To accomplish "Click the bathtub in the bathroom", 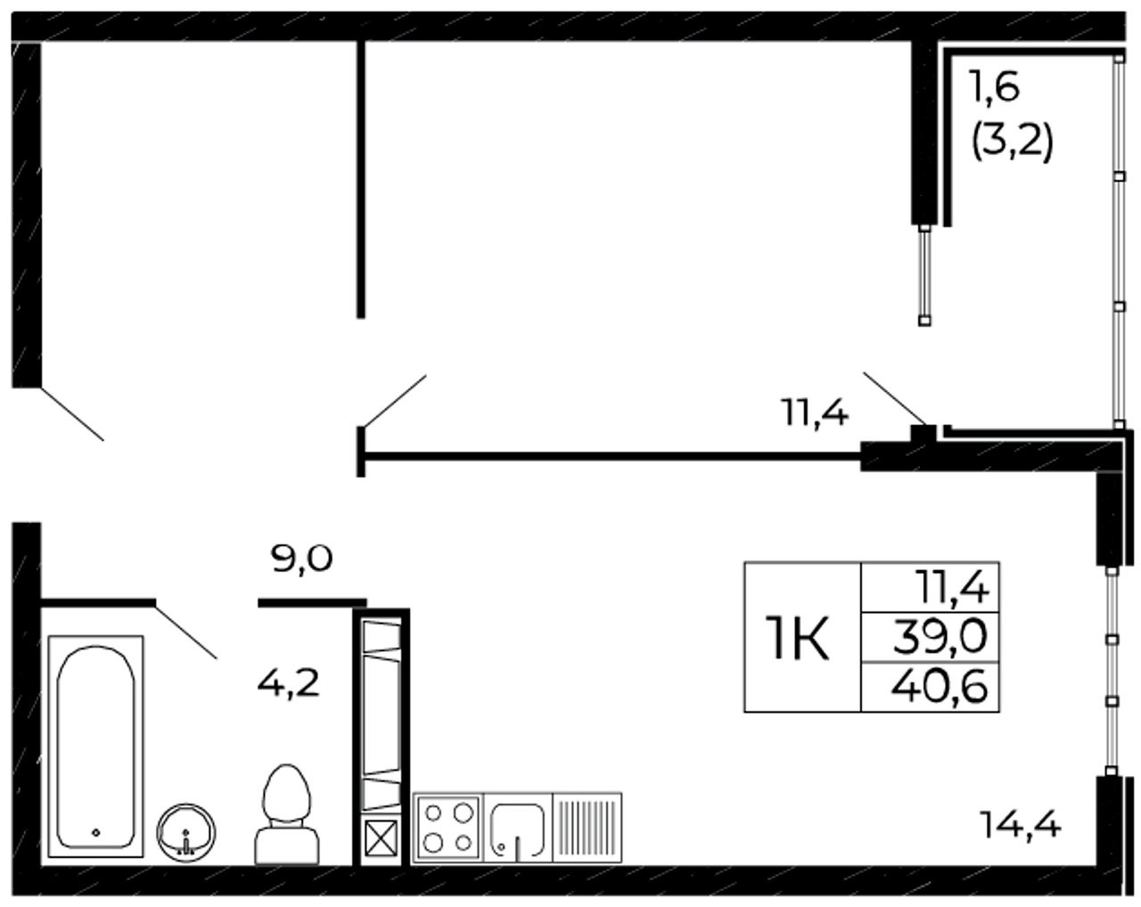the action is [95, 747].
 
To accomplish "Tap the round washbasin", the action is [185, 833].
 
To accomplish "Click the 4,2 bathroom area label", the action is [289, 684].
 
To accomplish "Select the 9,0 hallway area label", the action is [302, 559].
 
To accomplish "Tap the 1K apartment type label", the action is [800, 637].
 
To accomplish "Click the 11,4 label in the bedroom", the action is [816, 413].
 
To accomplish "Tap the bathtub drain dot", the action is [96, 833].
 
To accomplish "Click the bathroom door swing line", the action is [185, 630].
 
